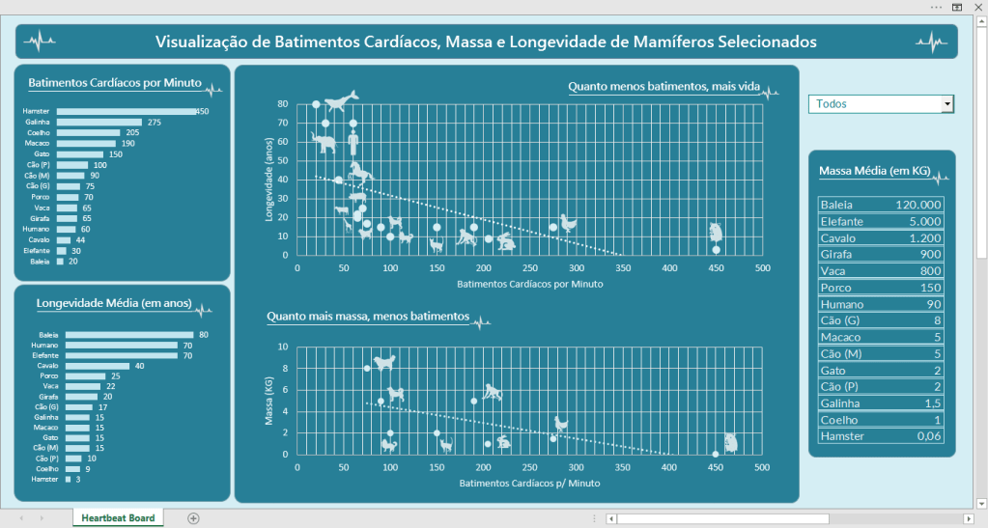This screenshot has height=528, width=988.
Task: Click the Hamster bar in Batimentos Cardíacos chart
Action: pos(126,112)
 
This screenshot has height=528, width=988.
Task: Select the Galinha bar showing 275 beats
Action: pos(99,123)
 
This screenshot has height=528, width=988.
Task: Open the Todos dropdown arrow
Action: pos(947,103)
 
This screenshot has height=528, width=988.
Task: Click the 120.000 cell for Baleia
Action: pos(917,205)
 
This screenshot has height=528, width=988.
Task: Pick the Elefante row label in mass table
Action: pos(842,221)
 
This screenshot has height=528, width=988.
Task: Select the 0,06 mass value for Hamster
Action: pos(924,436)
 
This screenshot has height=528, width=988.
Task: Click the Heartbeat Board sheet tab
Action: pos(118,518)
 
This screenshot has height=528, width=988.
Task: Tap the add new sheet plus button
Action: pos(193,518)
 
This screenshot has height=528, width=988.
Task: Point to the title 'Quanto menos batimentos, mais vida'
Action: pos(663,87)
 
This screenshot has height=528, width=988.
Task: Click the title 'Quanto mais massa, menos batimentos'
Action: pos(368,317)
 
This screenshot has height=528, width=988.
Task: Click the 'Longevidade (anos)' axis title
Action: pos(271,180)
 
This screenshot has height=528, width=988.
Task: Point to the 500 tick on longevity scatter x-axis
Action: pos(762,268)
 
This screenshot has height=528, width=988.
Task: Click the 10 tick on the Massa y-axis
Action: pos(283,347)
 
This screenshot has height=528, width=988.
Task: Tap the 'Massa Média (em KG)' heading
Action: pos(874,172)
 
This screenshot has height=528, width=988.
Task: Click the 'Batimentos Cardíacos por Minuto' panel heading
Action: pos(115,84)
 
